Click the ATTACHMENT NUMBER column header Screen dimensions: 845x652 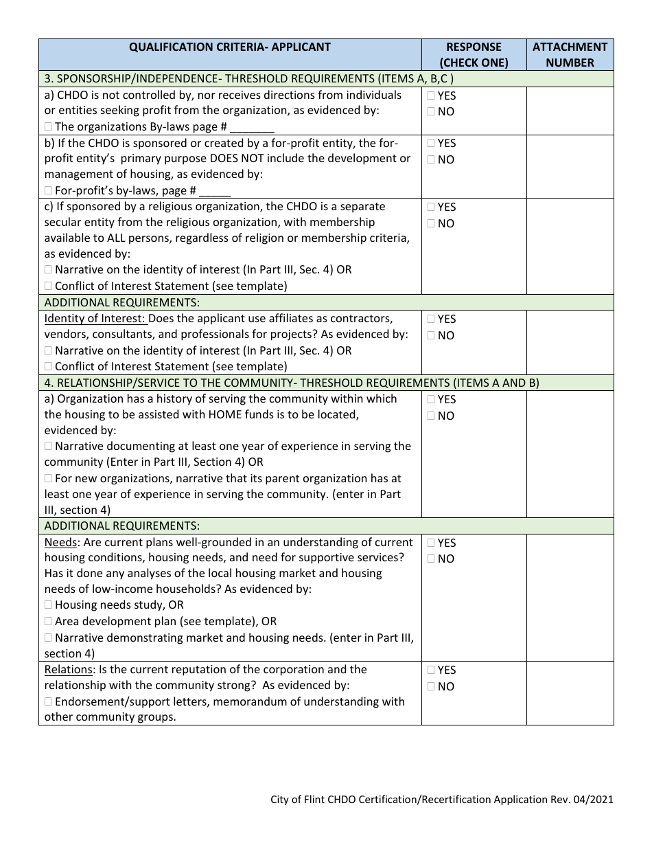(570, 55)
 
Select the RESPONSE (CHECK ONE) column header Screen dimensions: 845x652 (474, 55)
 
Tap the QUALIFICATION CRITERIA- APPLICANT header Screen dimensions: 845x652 (230, 47)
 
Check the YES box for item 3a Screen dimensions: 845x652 (430, 96)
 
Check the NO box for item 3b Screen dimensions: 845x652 (430, 160)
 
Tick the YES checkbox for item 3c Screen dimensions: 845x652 (430, 207)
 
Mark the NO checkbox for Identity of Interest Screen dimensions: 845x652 (430, 336)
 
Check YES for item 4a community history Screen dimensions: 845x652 (430, 399)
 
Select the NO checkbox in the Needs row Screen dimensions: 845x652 (430, 559)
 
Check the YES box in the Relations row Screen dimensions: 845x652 (430, 670)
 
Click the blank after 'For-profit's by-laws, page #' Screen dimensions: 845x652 (216, 192)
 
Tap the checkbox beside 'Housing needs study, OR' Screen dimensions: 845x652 (48, 605)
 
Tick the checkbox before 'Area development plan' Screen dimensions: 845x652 (48, 622)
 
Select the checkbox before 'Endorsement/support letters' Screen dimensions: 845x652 (48, 702)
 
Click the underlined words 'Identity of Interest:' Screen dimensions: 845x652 (95, 319)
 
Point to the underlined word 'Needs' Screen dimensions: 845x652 (60, 543)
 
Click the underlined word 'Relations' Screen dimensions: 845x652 (68, 670)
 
